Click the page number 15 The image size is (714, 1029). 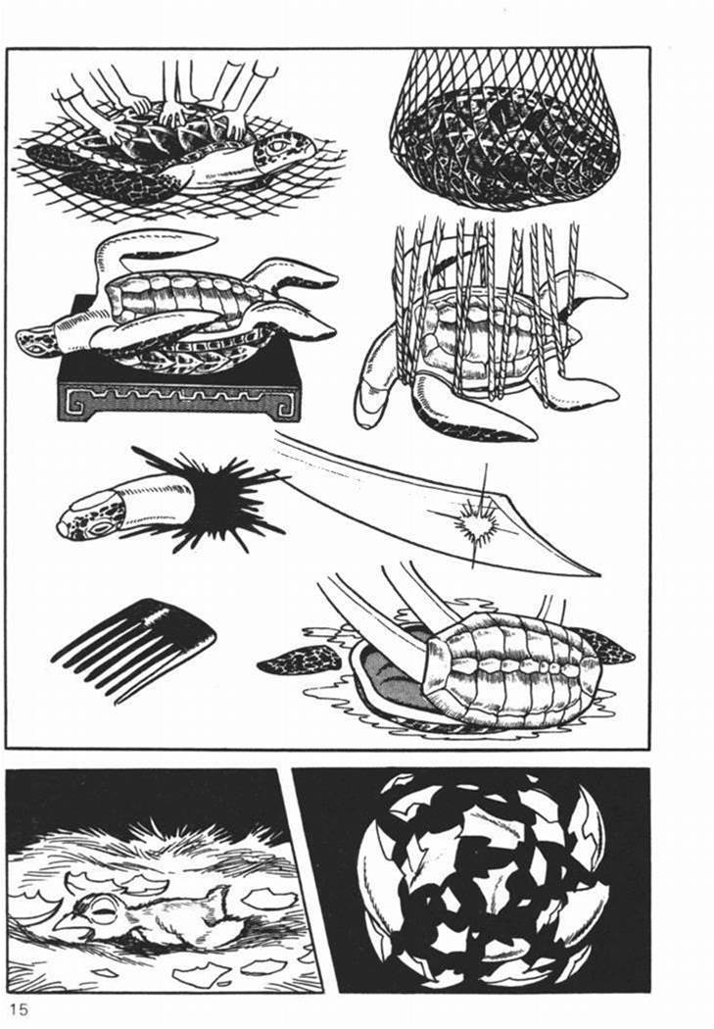(20, 1008)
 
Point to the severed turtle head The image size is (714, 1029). (124, 508)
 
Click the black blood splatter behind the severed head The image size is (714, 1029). (210, 499)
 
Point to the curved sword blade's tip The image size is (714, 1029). (598, 575)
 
